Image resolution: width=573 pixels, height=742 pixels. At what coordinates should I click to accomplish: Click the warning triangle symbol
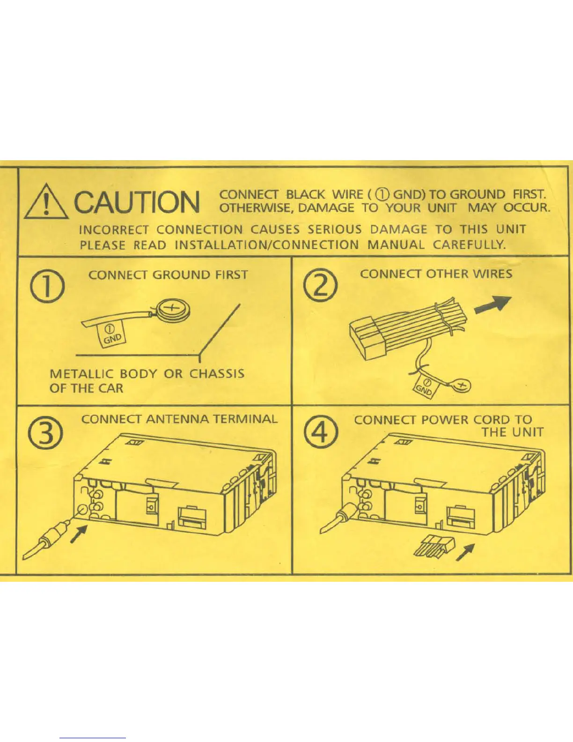pyautogui.click(x=46, y=203)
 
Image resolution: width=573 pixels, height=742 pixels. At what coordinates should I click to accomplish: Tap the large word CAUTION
pyautogui.click(x=137, y=202)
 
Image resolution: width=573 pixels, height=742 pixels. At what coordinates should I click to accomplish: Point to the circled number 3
pyautogui.click(x=46, y=434)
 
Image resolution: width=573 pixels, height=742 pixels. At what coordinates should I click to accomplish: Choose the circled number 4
pyautogui.click(x=320, y=433)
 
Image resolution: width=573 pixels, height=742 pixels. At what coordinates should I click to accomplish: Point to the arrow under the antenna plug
pyautogui.click(x=79, y=533)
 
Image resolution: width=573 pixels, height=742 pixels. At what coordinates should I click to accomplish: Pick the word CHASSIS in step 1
pyautogui.click(x=217, y=374)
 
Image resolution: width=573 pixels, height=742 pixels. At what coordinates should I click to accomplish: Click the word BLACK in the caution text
pyautogui.click(x=305, y=194)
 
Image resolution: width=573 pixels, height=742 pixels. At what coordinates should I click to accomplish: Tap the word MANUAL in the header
pyautogui.click(x=396, y=245)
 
